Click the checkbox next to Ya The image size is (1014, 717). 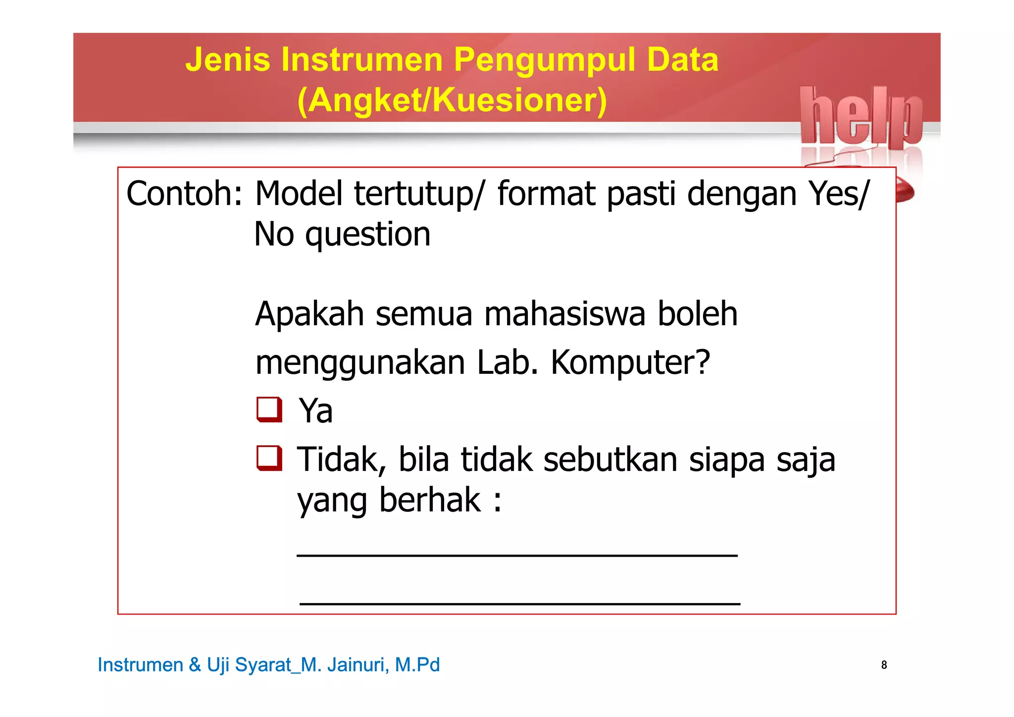pyautogui.click(x=269, y=410)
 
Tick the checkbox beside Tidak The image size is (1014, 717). pyautogui.click(x=269, y=458)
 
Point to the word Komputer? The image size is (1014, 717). pyautogui.click(x=630, y=362)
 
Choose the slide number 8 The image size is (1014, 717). pyautogui.click(x=884, y=665)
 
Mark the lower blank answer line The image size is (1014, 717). pyautogui.click(x=520, y=604)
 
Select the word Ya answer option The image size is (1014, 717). pyautogui.click(x=315, y=411)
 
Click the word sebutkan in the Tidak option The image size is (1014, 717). pyautogui.click(x=610, y=460)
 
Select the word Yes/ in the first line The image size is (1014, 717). pyautogui.click(x=838, y=194)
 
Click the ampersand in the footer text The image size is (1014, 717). pyautogui.click(x=195, y=665)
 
